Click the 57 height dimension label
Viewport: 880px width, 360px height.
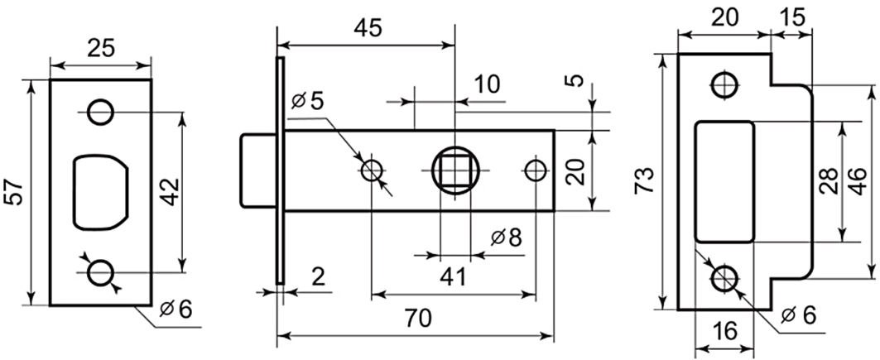click(15, 193)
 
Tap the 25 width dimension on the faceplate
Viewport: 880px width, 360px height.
click(101, 49)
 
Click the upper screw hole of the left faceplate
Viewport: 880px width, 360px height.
click(101, 113)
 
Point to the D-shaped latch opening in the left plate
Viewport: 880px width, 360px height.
click(100, 192)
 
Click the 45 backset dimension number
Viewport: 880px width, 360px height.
click(368, 27)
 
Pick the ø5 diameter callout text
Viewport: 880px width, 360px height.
click(308, 101)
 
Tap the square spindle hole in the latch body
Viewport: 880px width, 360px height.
click(454, 170)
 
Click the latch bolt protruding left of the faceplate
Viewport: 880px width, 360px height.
click(258, 170)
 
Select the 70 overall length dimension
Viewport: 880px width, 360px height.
click(417, 319)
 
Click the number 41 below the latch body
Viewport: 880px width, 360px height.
click(454, 276)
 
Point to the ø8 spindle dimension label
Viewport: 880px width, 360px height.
click(506, 238)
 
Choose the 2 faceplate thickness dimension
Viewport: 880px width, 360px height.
click(318, 277)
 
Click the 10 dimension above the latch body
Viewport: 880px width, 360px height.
click(487, 84)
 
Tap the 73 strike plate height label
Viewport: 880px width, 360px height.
click(645, 180)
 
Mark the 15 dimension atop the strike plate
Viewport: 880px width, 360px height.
click(792, 17)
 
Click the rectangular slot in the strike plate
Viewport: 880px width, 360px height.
click(724, 182)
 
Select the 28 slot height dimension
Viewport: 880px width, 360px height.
click(829, 180)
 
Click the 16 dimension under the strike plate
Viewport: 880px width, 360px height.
click(727, 331)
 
